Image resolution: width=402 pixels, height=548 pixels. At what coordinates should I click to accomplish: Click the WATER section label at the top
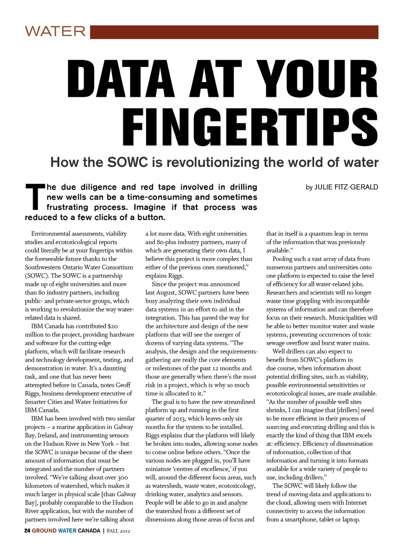[55, 31]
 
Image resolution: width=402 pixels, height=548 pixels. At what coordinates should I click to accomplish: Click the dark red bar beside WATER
[234, 32]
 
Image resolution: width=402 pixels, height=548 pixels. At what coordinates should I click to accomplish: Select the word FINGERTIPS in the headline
[250, 127]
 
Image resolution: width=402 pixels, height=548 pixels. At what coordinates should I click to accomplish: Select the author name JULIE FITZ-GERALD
[346, 187]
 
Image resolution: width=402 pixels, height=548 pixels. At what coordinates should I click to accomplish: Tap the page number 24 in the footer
[27, 531]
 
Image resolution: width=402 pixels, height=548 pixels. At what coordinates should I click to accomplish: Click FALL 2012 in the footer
[119, 531]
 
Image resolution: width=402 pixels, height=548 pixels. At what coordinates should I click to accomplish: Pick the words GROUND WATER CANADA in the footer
[66, 531]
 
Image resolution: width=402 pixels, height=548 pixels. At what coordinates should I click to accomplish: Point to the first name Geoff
[123, 385]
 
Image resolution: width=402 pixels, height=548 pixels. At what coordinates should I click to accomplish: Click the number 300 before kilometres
[123, 477]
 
